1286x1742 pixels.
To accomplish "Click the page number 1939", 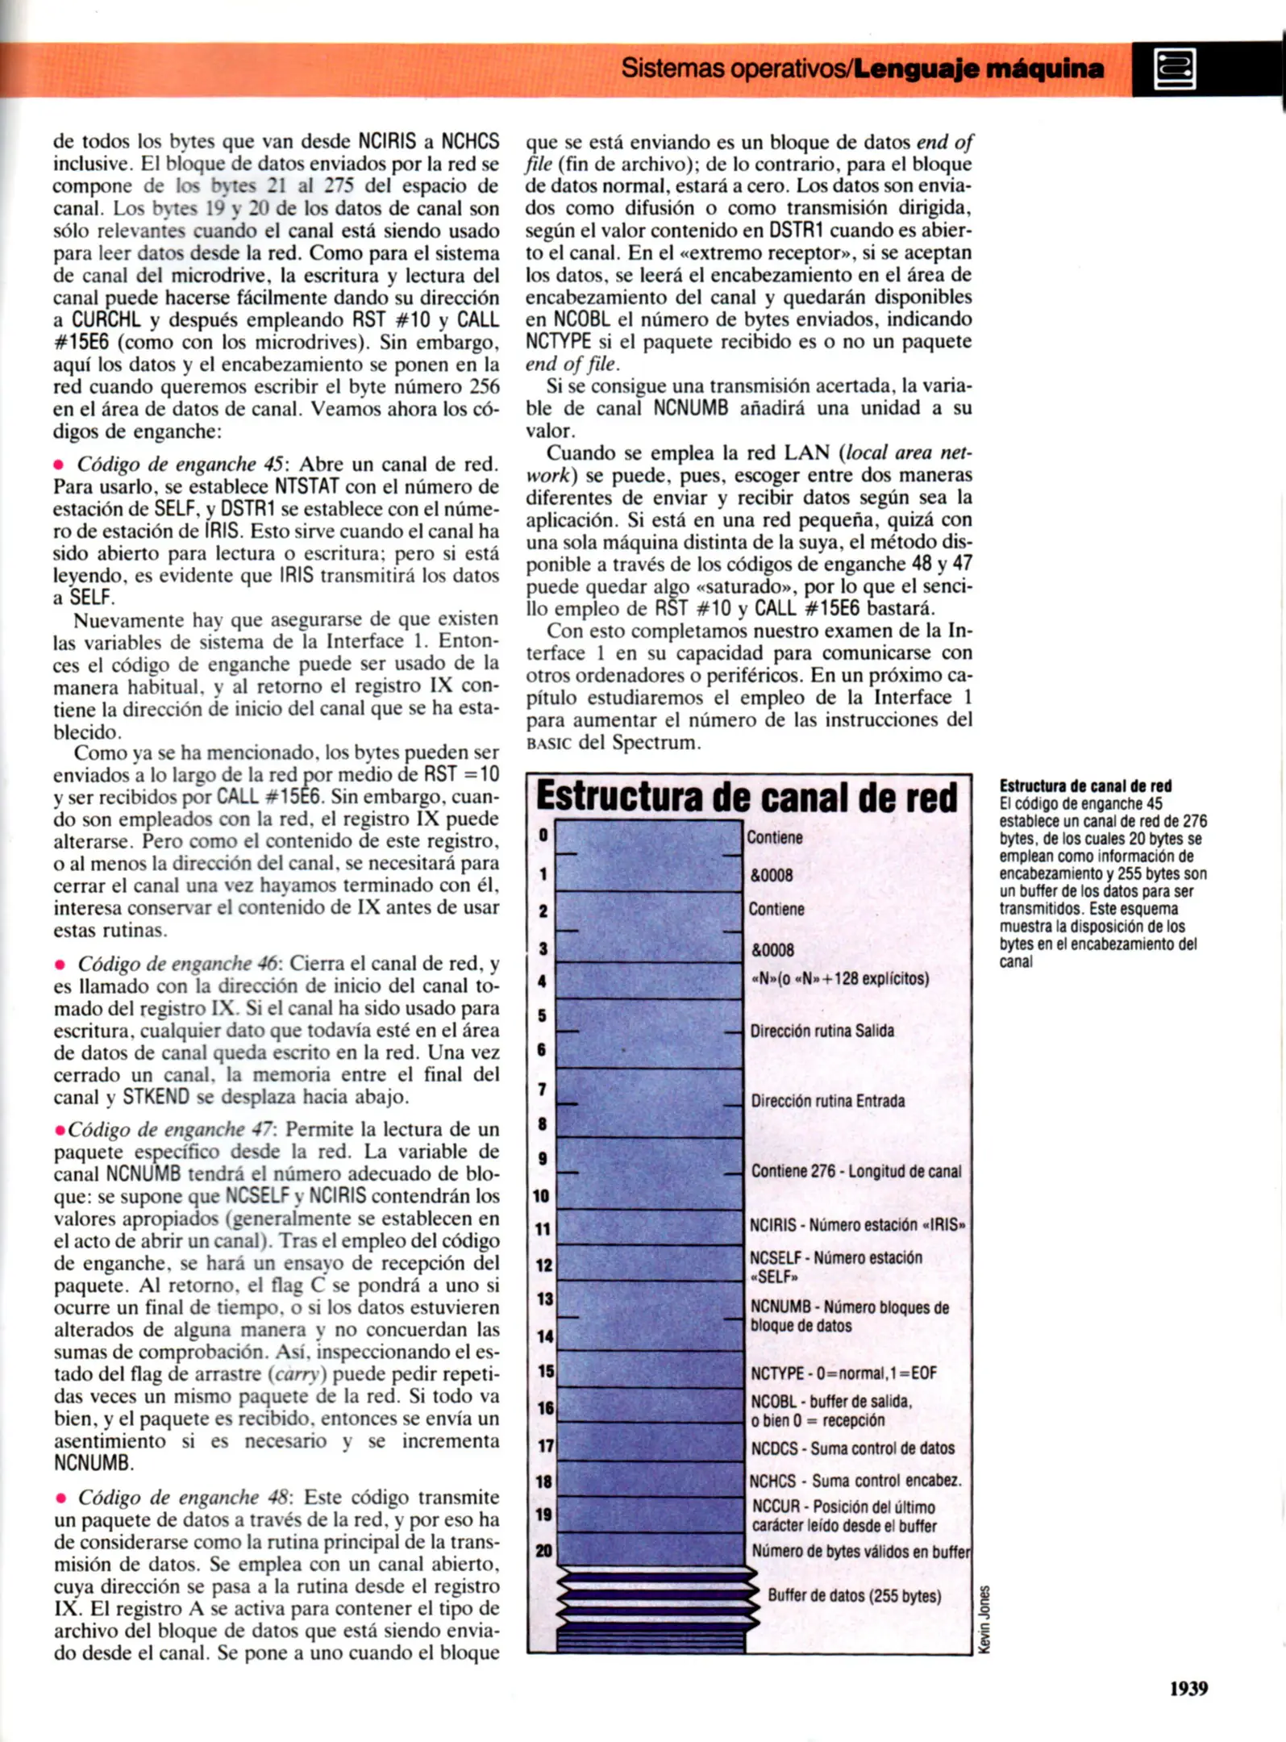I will tap(1188, 1688).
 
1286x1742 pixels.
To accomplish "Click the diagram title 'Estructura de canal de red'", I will tap(747, 796).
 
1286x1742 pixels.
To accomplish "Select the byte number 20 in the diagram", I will tap(543, 1550).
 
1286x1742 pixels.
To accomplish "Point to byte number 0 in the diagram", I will tap(543, 836).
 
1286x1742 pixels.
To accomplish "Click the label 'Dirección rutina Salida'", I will tap(822, 1031).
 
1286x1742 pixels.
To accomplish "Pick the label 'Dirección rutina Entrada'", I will tap(827, 1101).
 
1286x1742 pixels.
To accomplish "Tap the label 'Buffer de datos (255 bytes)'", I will tap(854, 1595).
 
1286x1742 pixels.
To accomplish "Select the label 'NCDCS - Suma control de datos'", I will tap(852, 1448).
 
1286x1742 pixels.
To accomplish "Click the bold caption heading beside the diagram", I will tap(1085, 786).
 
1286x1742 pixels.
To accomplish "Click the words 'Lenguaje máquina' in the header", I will tap(978, 69).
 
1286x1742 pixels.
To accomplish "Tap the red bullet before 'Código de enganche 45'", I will tap(59, 465).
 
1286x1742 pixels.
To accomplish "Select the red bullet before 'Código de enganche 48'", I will tap(60, 1498).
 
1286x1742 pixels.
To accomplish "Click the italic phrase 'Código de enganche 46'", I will tap(177, 964).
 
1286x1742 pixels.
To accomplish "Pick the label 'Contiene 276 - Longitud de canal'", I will tap(855, 1171).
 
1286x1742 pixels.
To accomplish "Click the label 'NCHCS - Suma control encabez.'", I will tap(855, 1481).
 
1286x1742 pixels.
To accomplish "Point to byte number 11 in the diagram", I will tap(543, 1229).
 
